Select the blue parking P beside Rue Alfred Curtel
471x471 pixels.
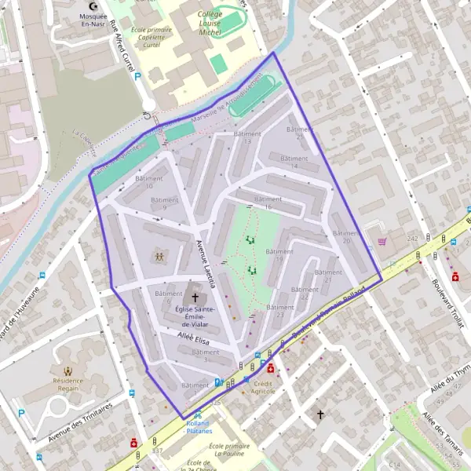coord(137,77)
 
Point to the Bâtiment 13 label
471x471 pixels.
coord(247,137)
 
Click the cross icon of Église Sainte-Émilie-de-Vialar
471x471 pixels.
coord(195,298)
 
